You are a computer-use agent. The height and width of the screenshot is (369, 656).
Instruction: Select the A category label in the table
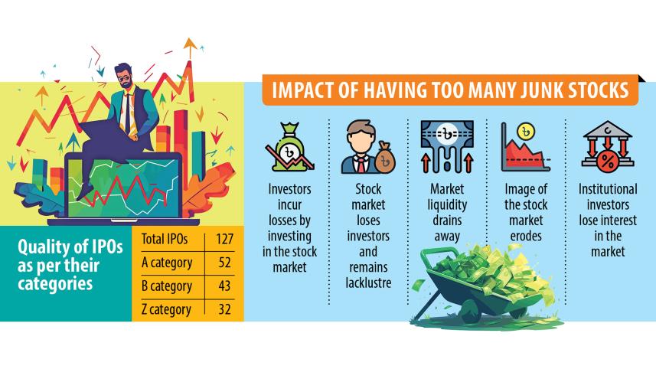pos(166,263)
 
